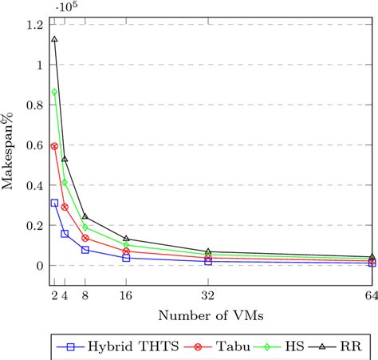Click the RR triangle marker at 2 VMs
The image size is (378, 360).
coord(54,38)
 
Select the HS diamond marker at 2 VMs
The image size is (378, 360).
coord(54,92)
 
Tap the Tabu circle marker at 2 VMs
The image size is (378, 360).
coord(54,146)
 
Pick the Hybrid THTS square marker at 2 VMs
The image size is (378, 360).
coord(54,203)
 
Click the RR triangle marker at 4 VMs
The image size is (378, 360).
coord(65,159)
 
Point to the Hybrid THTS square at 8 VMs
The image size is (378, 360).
coord(85,250)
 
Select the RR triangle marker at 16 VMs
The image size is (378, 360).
coord(126,238)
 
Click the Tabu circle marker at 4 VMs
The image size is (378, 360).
coord(65,207)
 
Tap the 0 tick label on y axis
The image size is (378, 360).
coord(40,266)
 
